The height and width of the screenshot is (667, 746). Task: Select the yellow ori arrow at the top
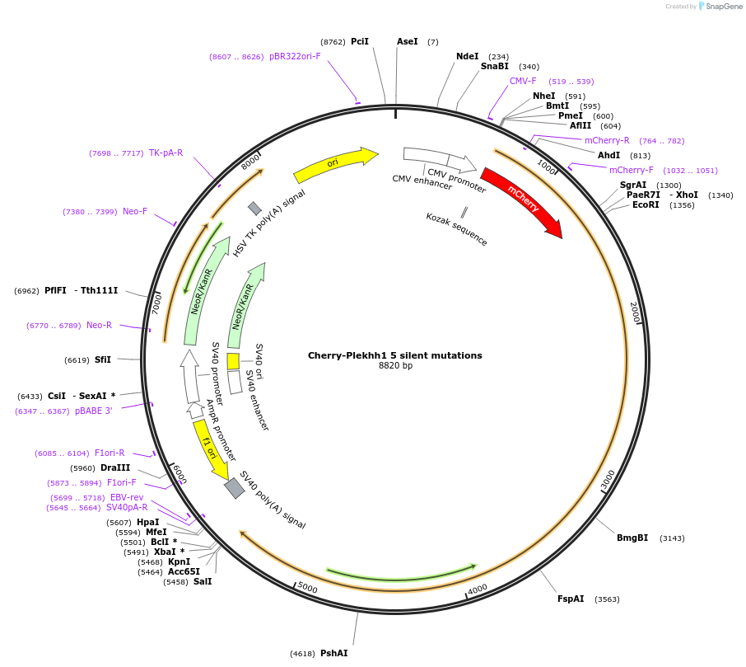point(334,164)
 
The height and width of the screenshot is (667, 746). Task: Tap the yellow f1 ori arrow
point(210,449)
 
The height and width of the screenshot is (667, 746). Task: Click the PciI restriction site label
point(360,41)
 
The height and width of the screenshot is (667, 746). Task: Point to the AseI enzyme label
point(408,41)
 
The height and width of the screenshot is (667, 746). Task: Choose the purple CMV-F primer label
point(523,81)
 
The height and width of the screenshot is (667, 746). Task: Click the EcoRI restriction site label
point(646,204)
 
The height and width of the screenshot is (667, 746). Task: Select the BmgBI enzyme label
point(632,538)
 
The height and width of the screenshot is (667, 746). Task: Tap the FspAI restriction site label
point(571,599)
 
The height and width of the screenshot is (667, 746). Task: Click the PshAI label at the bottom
point(333,653)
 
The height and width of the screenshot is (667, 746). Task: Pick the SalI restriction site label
point(202,581)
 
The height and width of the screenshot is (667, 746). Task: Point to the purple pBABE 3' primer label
point(93,411)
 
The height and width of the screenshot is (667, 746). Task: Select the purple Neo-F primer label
point(135,212)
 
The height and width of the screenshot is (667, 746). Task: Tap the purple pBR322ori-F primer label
point(295,56)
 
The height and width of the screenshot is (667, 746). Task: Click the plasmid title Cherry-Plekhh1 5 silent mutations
point(395,355)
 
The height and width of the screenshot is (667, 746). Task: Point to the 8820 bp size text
point(395,365)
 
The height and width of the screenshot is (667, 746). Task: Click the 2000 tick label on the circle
point(635,312)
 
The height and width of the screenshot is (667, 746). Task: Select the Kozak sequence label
point(456,229)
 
